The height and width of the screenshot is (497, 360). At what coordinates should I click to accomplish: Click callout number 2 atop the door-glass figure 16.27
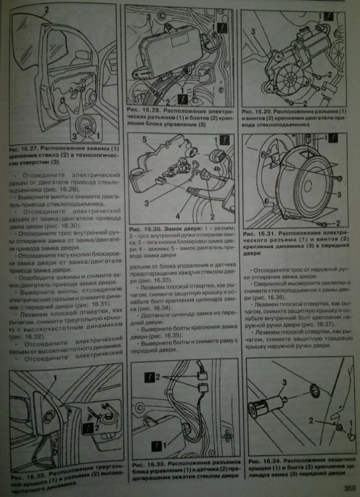pyautogui.click(x=46, y=9)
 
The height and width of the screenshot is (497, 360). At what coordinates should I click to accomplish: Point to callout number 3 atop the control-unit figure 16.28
pyautogui.click(x=149, y=17)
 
